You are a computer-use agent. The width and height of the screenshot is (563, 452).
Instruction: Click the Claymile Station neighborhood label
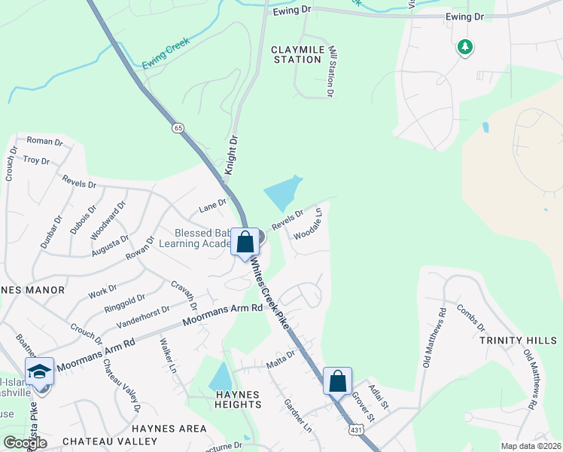coord(297,54)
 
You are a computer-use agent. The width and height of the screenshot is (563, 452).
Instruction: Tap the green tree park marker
coord(465,47)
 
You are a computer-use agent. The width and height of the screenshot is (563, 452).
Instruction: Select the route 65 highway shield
coord(178,129)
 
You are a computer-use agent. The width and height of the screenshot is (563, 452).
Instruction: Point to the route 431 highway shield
coord(354,429)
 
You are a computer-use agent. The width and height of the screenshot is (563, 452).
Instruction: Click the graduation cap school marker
coord(39,371)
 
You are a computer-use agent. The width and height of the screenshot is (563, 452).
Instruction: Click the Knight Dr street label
coord(232,155)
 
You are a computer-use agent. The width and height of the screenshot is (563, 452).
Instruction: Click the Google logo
coord(25,443)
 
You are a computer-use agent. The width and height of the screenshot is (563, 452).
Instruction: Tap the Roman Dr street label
coord(44,141)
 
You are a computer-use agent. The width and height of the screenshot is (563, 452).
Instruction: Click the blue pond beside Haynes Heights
coord(220,377)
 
